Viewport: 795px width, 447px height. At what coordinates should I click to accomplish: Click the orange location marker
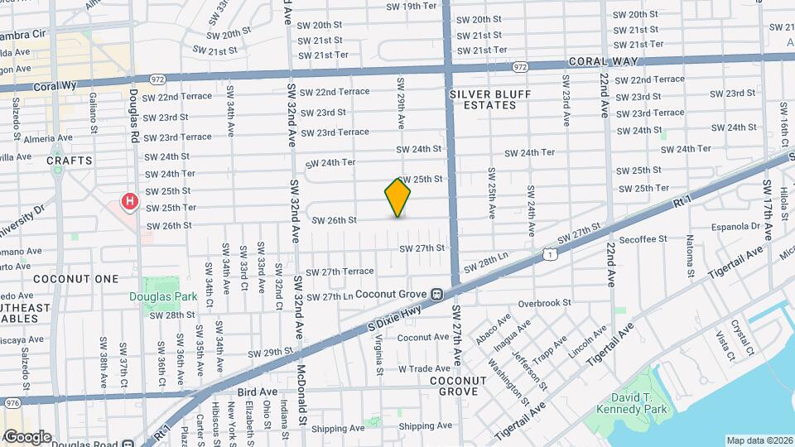point(397,198)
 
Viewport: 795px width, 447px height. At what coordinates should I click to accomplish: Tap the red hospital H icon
point(129,201)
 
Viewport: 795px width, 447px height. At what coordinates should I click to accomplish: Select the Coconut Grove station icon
point(436,294)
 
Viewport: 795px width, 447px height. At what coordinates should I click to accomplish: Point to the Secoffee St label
point(642,238)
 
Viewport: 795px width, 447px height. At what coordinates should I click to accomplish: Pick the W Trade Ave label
point(423,368)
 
